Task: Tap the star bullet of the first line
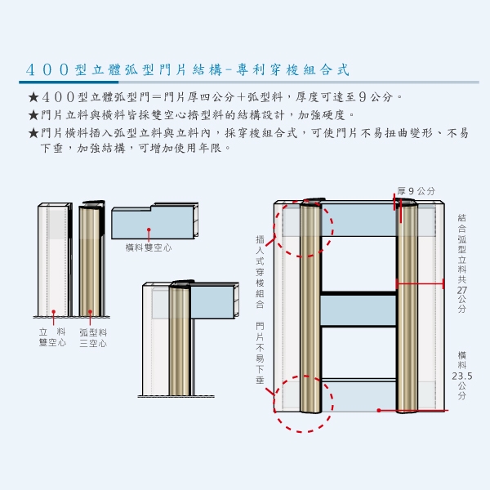pos(33,98)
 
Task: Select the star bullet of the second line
pos(33,115)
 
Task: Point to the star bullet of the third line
pos(33,132)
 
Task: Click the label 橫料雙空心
pos(149,247)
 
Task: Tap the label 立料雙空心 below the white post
pos(53,338)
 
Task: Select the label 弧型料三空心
pos(93,338)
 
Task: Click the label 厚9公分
pos(416,191)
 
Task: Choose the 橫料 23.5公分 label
pos(462,375)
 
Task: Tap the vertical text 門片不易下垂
pos(260,354)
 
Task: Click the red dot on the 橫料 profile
pos(149,230)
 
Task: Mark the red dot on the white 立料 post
pos(54,311)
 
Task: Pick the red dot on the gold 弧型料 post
pos(90,311)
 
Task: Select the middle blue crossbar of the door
pos(357,310)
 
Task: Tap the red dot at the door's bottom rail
pos(379,410)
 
